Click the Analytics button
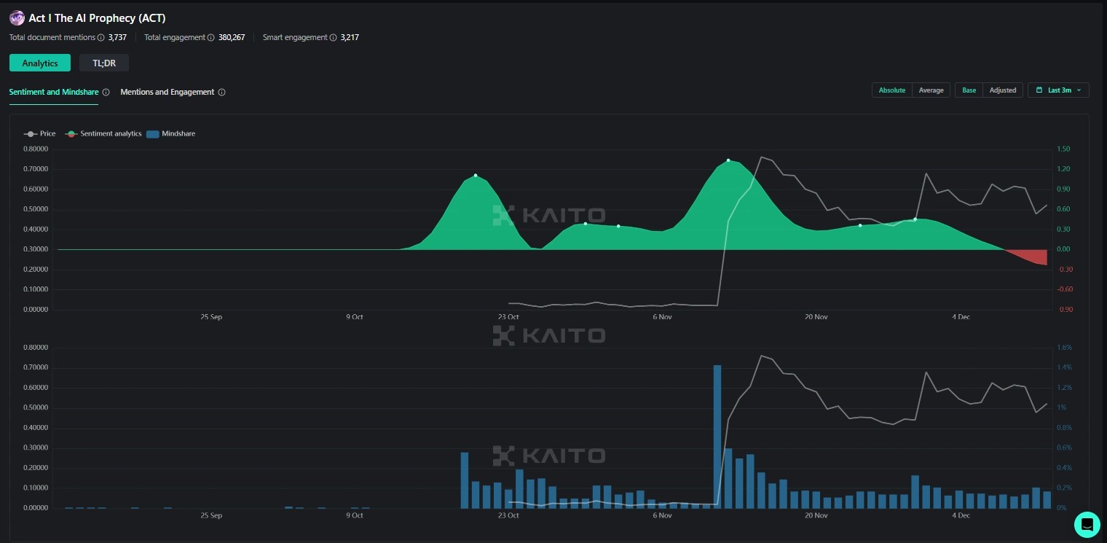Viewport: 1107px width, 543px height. click(x=40, y=63)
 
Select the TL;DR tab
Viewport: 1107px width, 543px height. click(x=104, y=63)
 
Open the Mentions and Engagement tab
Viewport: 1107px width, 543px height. click(x=168, y=93)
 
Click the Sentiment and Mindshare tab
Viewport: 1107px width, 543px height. click(x=54, y=93)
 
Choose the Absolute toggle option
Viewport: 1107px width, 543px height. click(x=891, y=90)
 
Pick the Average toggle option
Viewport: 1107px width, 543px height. click(x=931, y=90)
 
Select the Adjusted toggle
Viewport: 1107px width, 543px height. click(x=1002, y=90)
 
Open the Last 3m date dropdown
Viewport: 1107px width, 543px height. click(x=1058, y=90)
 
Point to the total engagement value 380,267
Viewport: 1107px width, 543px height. click(x=232, y=37)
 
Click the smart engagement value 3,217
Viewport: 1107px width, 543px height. click(x=350, y=37)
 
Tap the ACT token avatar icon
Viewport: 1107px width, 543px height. click(x=17, y=18)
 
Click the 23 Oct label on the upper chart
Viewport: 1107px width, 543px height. click(x=508, y=317)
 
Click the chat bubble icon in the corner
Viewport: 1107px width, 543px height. click(x=1087, y=524)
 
